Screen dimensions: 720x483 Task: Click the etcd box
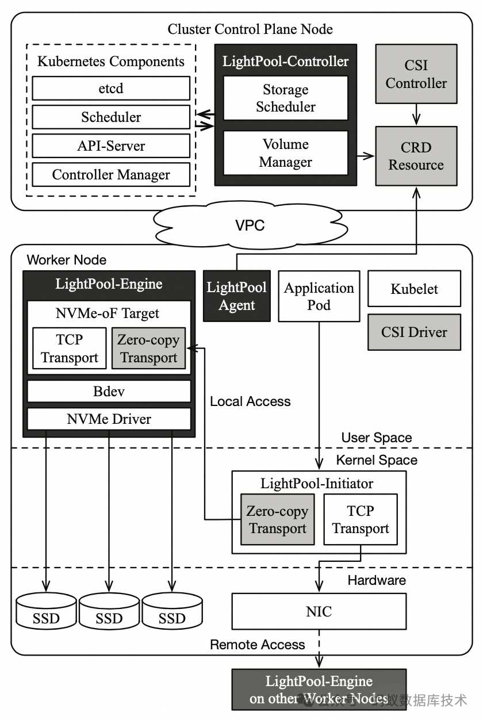tap(110, 89)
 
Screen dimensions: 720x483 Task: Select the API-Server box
tap(110, 146)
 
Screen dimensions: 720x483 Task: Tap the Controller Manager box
tap(110, 175)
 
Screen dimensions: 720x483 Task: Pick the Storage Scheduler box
tap(286, 98)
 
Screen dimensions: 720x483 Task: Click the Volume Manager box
tap(286, 153)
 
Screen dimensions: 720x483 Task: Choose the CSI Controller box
tap(416, 75)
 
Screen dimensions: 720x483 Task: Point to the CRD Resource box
tap(416, 156)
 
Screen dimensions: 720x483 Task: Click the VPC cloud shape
tap(251, 225)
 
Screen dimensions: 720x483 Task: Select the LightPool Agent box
tap(237, 296)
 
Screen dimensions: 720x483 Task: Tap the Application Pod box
tap(319, 296)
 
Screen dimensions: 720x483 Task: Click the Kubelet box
tap(414, 289)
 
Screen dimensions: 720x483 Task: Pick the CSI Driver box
tap(414, 332)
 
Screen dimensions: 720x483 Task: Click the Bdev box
tap(109, 392)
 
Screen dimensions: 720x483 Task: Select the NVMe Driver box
tap(109, 419)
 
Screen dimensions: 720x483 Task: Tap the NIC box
tap(319, 611)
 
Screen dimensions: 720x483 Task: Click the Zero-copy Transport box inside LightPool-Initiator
tap(278, 519)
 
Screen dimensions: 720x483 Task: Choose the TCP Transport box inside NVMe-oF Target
tap(70, 348)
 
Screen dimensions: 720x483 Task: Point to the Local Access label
tap(250, 401)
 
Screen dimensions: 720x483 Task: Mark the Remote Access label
tap(257, 644)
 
